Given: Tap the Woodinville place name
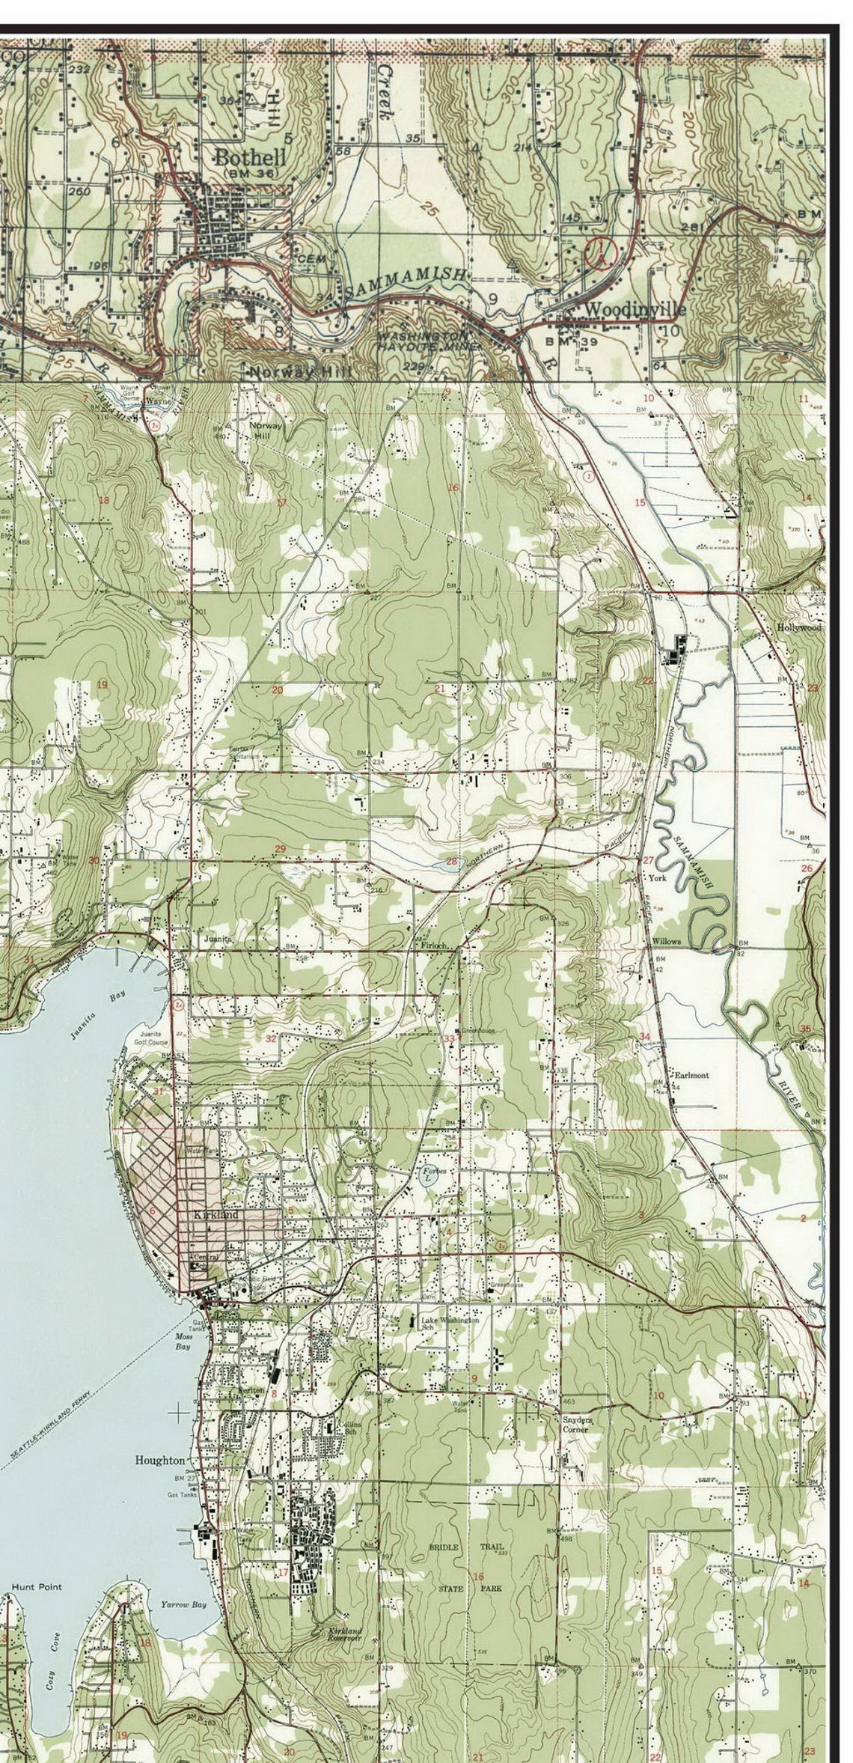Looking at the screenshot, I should click(x=634, y=309).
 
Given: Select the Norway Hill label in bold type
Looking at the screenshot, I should click(x=300, y=372).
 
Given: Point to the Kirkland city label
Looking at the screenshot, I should click(x=215, y=1214).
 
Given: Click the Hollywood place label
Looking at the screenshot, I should click(x=799, y=627).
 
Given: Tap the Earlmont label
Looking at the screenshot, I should click(x=691, y=1075).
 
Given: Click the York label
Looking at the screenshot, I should click(x=657, y=877).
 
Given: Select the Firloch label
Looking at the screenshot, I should click(x=433, y=946).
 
